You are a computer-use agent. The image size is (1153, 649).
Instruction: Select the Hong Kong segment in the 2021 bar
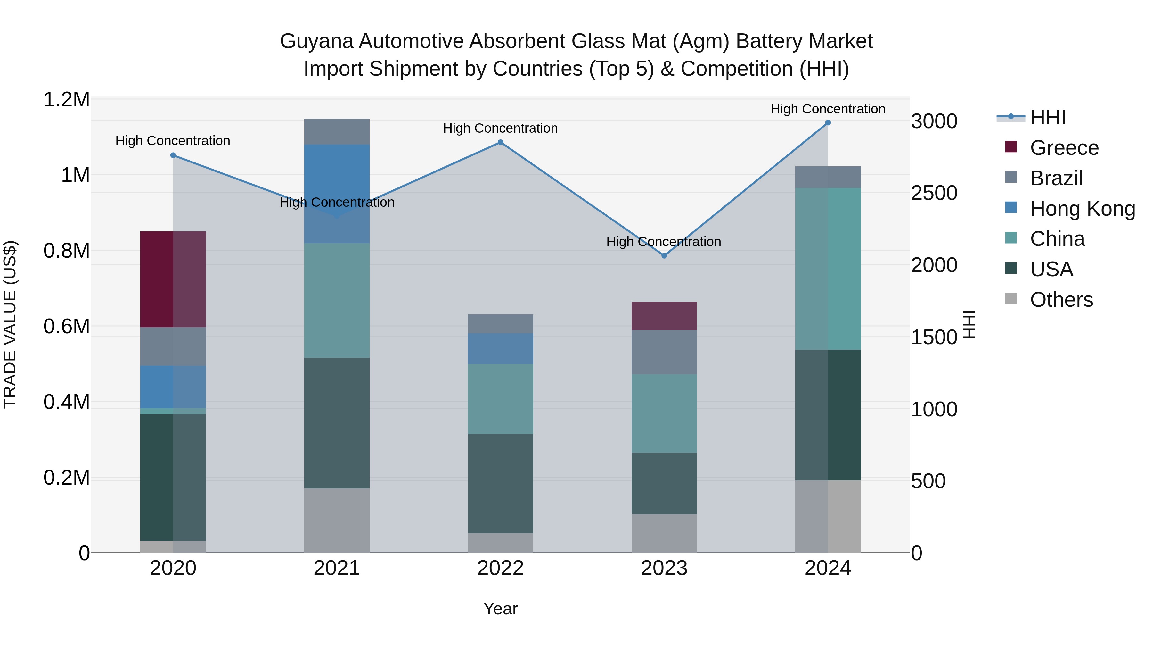click(337, 194)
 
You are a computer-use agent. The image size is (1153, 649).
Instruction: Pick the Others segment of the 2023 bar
click(664, 533)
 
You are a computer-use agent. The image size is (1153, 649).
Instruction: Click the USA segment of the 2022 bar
click(500, 483)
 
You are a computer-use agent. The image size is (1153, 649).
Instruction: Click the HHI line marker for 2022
click(500, 142)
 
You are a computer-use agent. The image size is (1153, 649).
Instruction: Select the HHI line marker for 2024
click(828, 123)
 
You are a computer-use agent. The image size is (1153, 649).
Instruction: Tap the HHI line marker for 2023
click(664, 256)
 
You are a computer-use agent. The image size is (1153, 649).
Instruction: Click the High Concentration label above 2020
click(173, 141)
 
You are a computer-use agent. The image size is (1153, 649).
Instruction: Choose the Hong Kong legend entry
click(1082, 209)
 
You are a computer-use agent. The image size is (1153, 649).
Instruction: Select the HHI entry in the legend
click(1047, 117)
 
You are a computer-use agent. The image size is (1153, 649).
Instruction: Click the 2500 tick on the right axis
click(934, 193)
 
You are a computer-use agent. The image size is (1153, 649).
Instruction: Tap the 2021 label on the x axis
click(337, 568)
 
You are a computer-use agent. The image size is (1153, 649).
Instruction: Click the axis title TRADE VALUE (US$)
click(10, 325)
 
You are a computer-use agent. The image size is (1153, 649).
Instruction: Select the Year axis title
click(500, 609)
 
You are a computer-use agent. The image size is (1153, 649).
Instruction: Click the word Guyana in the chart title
click(316, 41)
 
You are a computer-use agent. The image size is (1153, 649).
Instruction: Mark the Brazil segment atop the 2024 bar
click(828, 177)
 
